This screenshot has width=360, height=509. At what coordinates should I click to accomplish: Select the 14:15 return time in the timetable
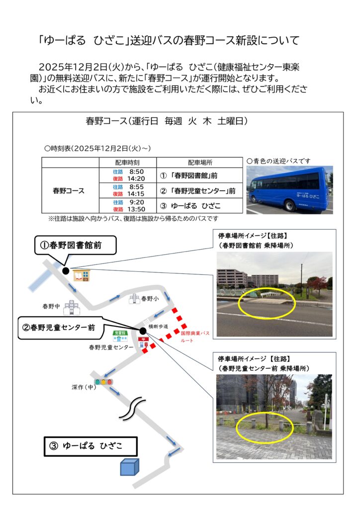coord(136,194)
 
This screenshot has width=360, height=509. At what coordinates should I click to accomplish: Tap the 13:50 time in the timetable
coord(136,209)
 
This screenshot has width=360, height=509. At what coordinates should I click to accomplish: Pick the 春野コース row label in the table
coord(69,190)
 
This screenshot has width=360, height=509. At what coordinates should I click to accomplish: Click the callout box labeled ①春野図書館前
coord(75,245)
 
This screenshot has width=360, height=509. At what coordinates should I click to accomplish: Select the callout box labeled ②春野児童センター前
coord(59,327)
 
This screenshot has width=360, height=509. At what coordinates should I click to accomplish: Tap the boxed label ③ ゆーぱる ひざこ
coord(90,446)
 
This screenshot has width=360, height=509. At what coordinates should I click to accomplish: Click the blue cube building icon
coord(129,467)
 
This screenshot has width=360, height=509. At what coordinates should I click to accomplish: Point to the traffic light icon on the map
coord(104,382)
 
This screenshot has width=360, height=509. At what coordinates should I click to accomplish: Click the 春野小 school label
coord(150,299)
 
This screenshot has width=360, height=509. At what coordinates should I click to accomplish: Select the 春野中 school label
coord(51,307)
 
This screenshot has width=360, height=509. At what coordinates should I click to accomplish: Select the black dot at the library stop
coord(66,271)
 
